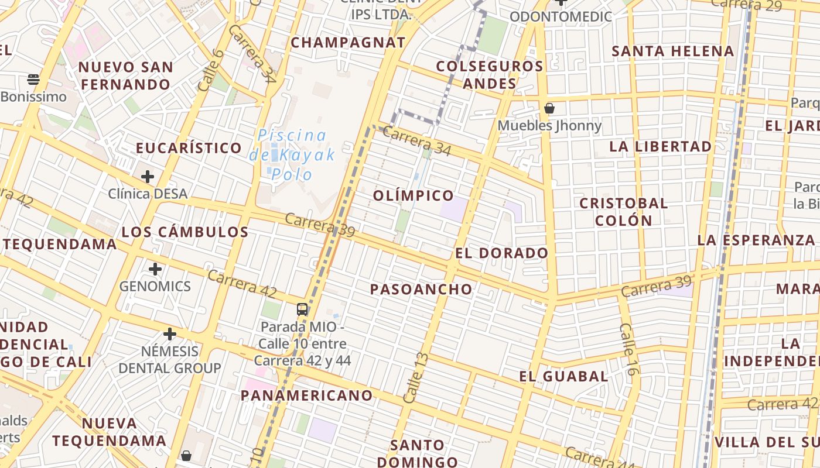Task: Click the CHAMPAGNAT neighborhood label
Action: click(348, 43)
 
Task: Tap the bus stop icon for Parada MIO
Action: click(302, 309)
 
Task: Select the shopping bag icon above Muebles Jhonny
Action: click(549, 108)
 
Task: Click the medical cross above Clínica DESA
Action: click(148, 176)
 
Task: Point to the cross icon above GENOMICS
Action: click(155, 269)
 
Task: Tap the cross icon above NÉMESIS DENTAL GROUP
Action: click(170, 334)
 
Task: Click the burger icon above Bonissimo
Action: click(33, 79)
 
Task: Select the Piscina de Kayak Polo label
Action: click(292, 154)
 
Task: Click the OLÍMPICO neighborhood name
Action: click(414, 195)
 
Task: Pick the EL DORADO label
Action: click(502, 253)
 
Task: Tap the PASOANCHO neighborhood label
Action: click(421, 289)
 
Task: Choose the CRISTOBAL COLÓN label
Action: click(623, 212)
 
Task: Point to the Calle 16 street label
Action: click(628, 349)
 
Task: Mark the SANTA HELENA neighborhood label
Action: click(672, 51)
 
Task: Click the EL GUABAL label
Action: click(563, 376)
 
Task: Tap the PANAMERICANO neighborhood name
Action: click(307, 395)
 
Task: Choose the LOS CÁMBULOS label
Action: click(185, 232)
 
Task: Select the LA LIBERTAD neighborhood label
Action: click(661, 146)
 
